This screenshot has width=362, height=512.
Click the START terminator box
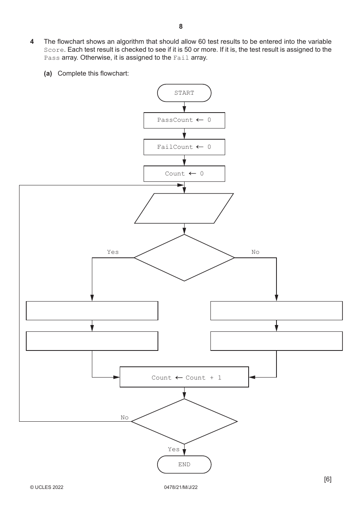pyautogui.click(x=184, y=93)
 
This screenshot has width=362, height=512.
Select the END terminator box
pyautogui.click(x=184, y=464)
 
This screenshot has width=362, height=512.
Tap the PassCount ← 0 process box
pyautogui.click(x=184, y=120)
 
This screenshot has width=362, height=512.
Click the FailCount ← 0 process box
pyautogui.click(x=184, y=147)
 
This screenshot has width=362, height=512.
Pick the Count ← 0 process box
pyautogui.click(x=184, y=174)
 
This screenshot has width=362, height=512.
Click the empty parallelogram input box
pyautogui.click(x=184, y=208)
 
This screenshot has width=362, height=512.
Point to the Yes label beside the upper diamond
pyautogui.click(x=113, y=252)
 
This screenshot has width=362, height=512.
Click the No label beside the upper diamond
pyautogui.click(x=255, y=252)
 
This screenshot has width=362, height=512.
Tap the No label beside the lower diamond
pyautogui.click(x=125, y=417)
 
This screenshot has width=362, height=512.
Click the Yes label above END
pyautogui.click(x=174, y=449)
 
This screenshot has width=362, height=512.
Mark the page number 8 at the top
pyautogui.click(x=181, y=27)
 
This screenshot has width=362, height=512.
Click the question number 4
pyautogui.click(x=32, y=42)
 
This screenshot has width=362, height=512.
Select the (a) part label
pyautogui.click(x=48, y=73)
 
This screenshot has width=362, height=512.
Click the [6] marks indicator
pyautogui.click(x=328, y=479)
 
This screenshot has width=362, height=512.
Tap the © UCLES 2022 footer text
pyautogui.click(x=47, y=487)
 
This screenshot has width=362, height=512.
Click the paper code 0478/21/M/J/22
pyautogui.click(x=181, y=487)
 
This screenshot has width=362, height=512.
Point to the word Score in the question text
pyautogui.click(x=54, y=50)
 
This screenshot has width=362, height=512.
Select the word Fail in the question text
pyautogui.click(x=181, y=58)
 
